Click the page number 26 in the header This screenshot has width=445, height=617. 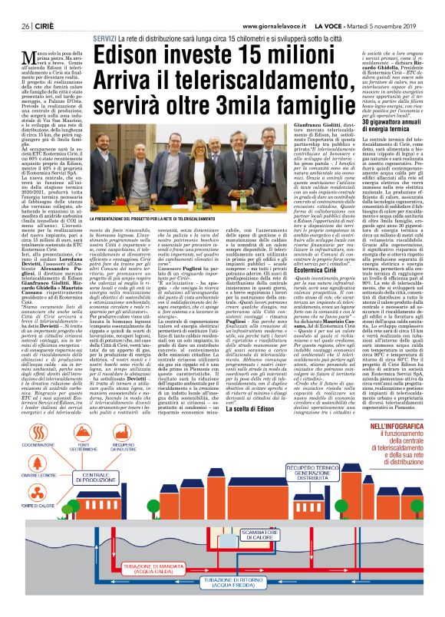[x=25, y=25]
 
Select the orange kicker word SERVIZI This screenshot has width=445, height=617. [x=105, y=38]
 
